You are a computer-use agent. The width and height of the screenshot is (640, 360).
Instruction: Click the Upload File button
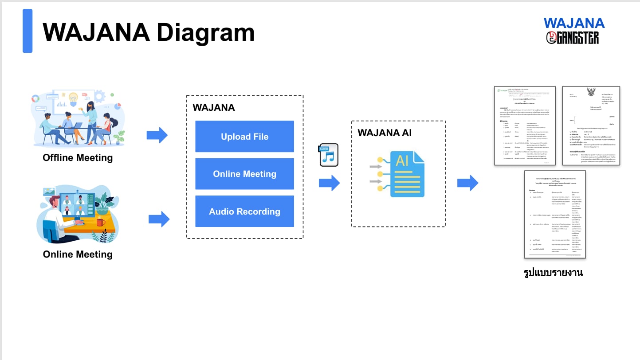(244, 137)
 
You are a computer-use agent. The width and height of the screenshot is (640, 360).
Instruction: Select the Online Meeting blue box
(244, 174)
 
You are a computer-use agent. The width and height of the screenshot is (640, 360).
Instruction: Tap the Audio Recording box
(244, 211)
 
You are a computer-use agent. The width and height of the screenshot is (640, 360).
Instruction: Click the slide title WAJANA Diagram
(149, 32)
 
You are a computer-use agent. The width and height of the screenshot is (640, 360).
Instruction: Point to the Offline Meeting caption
(78, 158)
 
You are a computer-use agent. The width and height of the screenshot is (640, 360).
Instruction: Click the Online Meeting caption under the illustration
(78, 254)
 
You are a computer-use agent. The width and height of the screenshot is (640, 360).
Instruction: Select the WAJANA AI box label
(385, 133)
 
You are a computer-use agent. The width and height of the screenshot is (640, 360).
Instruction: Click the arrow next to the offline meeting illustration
(157, 135)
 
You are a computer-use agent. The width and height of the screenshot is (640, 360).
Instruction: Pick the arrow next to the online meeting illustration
(159, 219)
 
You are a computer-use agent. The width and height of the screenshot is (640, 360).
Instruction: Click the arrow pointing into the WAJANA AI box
(329, 183)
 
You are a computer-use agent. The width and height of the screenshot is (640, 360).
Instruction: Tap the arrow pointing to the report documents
(467, 183)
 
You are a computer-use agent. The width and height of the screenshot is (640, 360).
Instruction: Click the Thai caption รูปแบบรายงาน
(553, 273)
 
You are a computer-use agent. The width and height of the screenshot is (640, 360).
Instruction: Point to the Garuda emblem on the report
(592, 93)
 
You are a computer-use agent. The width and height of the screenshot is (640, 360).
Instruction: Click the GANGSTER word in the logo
(577, 38)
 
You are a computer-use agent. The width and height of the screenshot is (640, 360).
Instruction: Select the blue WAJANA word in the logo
(574, 23)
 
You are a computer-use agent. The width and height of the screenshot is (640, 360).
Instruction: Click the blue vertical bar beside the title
(27, 31)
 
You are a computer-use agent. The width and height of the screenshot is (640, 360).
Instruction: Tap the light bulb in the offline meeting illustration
(73, 97)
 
